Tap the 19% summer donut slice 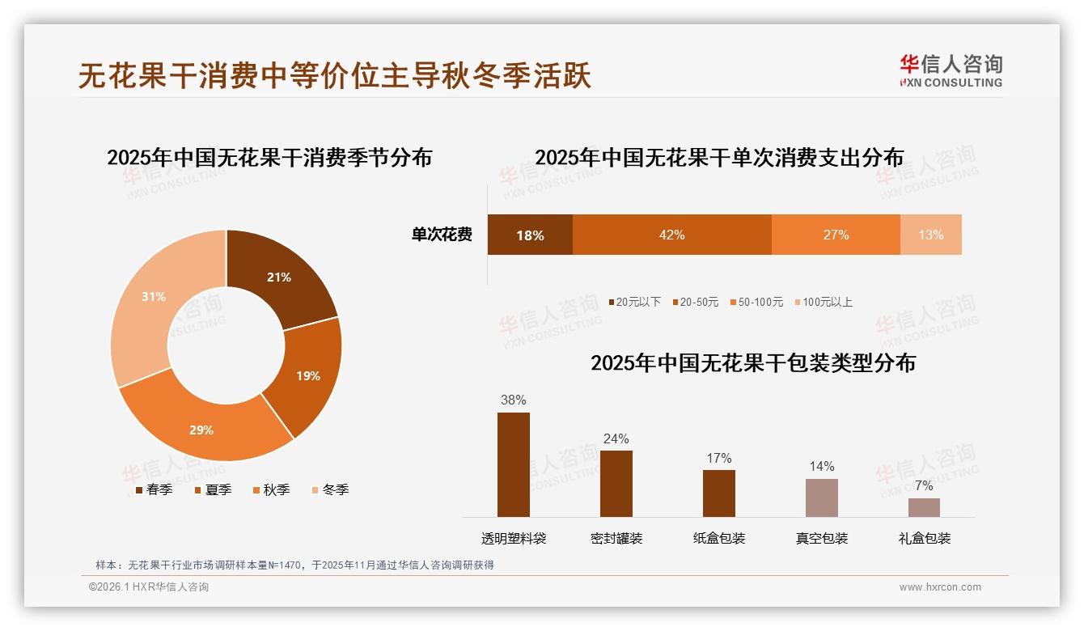click(x=307, y=375)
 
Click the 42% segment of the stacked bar click(x=671, y=235)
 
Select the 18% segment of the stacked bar click(x=530, y=235)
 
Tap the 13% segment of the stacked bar click(x=930, y=235)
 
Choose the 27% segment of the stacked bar click(x=836, y=235)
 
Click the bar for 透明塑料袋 click(x=514, y=464)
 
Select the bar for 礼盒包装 click(x=924, y=507)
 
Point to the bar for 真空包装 click(x=821, y=498)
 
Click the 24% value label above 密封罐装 click(x=616, y=438)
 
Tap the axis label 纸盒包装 click(x=719, y=538)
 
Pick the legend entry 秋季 click(x=271, y=489)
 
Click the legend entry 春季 click(x=154, y=489)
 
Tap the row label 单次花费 click(x=442, y=235)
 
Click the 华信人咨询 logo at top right click(x=951, y=70)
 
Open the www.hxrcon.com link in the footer click(x=940, y=587)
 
